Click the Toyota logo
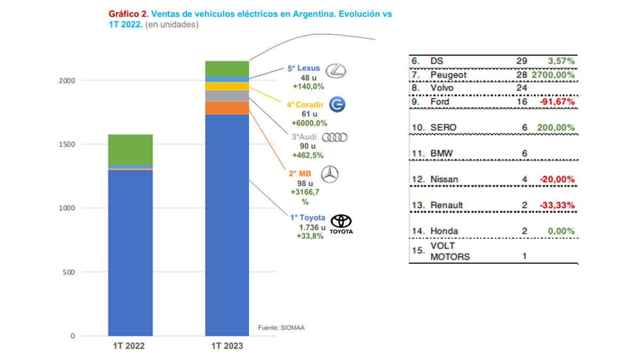pyautogui.click(x=342, y=223)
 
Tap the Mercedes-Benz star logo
pyautogui.click(x=330, y=174)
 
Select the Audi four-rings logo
pyautogui.click(x=337, y=138)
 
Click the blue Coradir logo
pyautogui.click(x=337, y=105)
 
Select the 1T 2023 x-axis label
pyautogui.click(x=227, y=346)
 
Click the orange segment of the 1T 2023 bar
pyautogui.click(x=227, y=108)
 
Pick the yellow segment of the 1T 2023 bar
pyautogui.click(x=227, y=86)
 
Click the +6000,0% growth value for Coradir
pyautogui.click(x=308, y=123)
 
